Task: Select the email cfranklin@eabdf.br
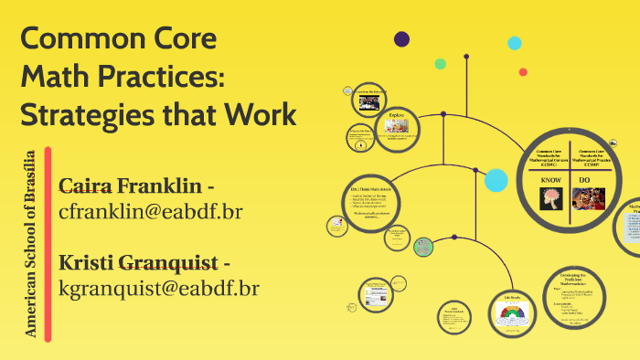[x=150, y=212]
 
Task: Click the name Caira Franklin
[x=130, y=185]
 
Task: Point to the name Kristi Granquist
[x=138, y=263]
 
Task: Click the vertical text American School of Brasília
[x=31, y=243]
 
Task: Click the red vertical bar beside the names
[x=48, y=243]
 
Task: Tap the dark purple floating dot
[x=401, y=38]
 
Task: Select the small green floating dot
[x=441, y=64]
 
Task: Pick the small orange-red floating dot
[x=523, y=71]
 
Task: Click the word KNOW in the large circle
[x=551, y=181]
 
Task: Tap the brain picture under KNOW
[x=551, y=198]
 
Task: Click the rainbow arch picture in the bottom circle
[x=510, y=315]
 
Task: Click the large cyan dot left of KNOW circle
[x=496, y=181]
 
